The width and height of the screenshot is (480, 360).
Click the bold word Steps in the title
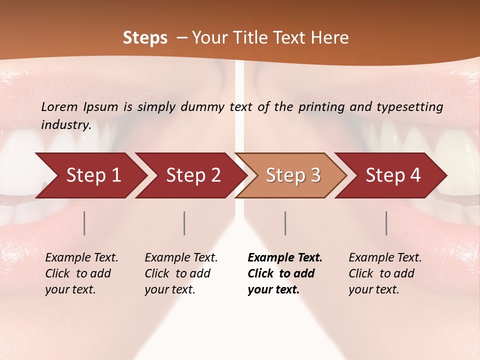click(x=145, y=38)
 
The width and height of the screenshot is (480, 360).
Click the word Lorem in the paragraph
click(x=59, y=107)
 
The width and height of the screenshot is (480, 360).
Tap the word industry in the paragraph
click(x=65, y=125)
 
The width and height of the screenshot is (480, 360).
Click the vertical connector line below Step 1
click(x=84, y=223)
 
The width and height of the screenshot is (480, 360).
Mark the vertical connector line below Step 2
click(x=184, y=223)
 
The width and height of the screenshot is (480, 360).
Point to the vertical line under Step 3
click(x=285, y=223)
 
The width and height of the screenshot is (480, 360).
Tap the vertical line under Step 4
click(x=386, y=223)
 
